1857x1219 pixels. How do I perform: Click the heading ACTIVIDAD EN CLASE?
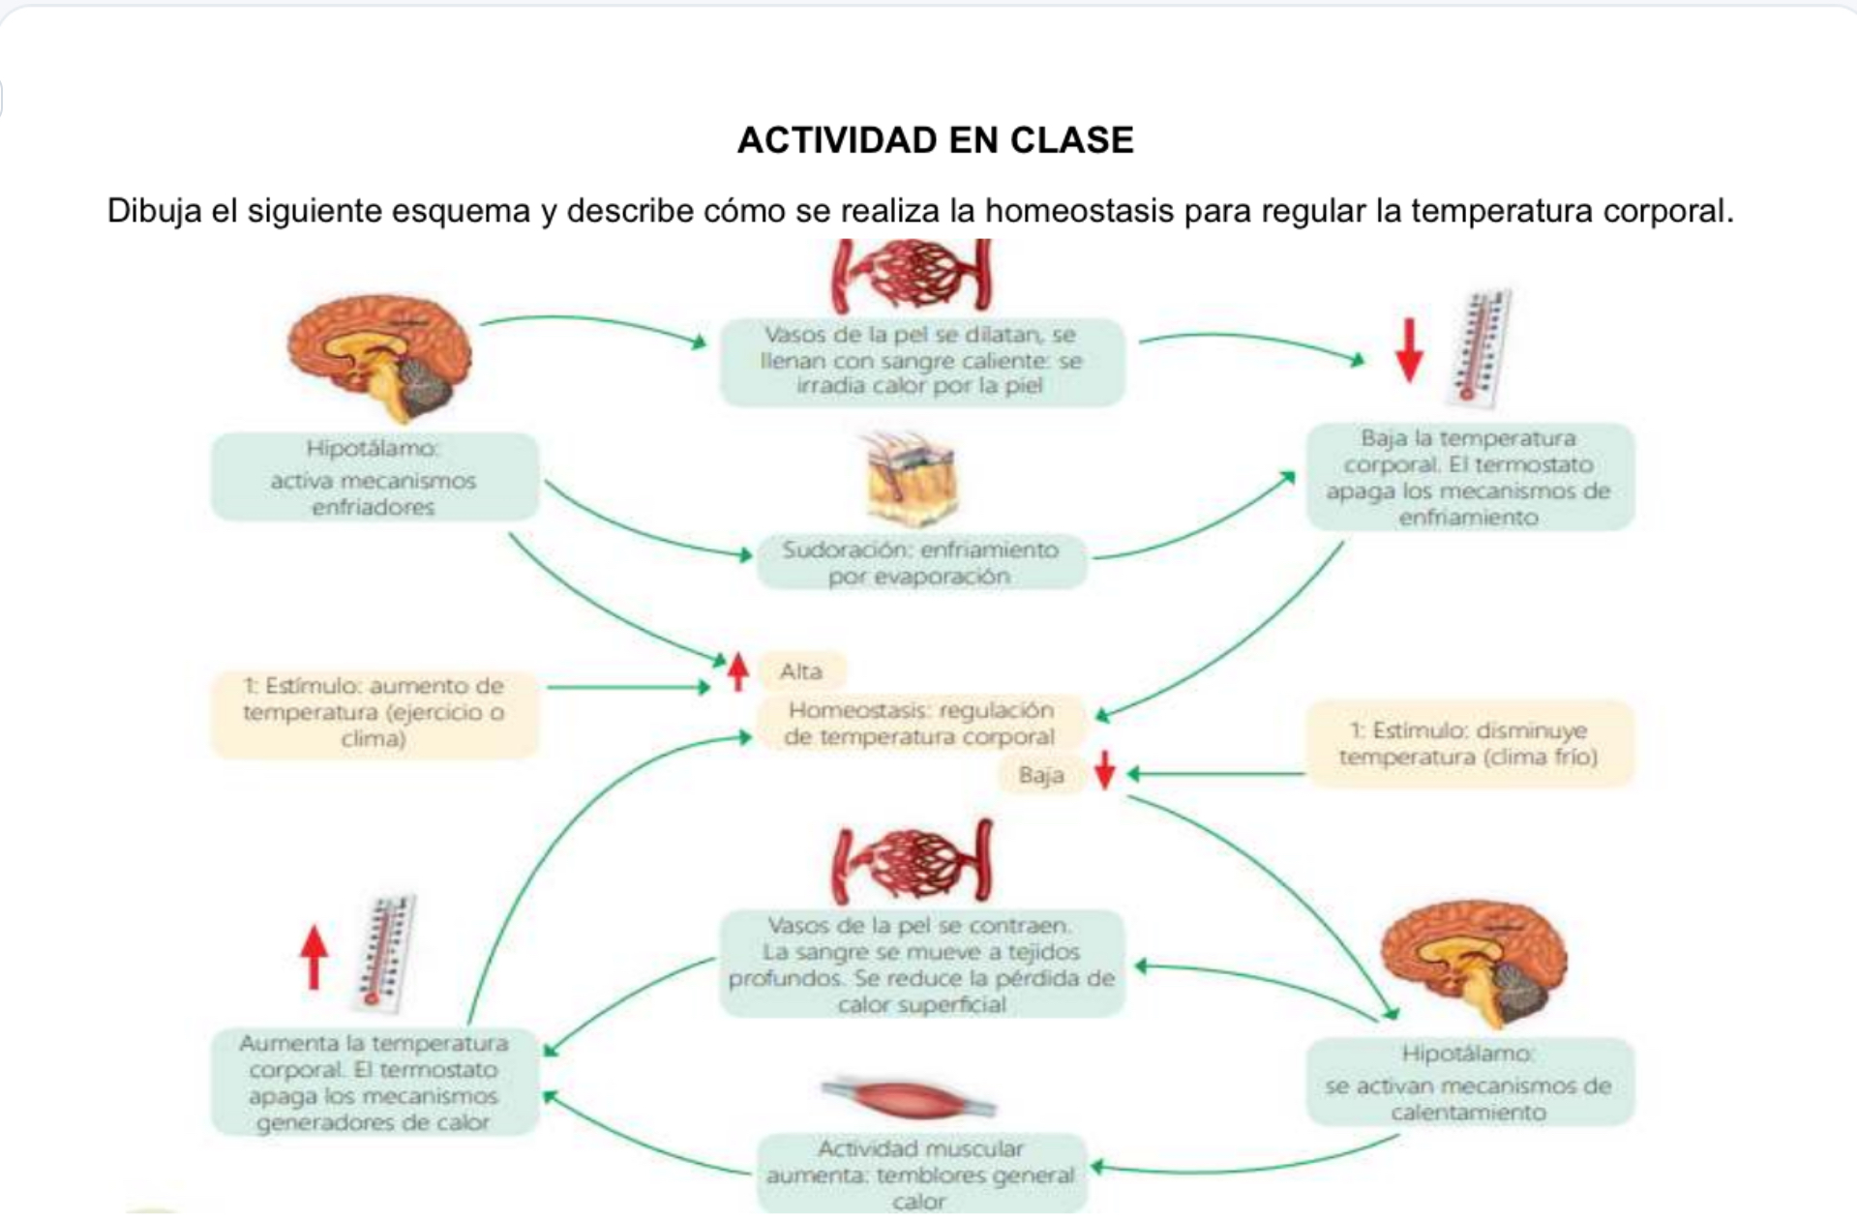(x=935, y=140)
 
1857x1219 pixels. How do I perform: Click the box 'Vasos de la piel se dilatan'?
(x=921, y=361)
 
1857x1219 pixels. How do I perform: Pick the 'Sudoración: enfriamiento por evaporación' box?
(x=920, y=563)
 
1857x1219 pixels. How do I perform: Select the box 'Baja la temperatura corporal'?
(x=1469, y=477)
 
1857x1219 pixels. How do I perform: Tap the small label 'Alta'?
(x=801, y=671)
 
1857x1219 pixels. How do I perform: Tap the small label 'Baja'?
(x=1041, y=775)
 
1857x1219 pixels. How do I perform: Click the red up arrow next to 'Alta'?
(x=738, y=671)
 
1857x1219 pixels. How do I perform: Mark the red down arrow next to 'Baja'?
(x=1105, y=772)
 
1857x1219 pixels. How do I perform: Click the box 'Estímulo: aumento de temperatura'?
(x=374, y=713)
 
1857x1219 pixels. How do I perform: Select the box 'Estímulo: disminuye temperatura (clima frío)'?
(x=1469, y=744)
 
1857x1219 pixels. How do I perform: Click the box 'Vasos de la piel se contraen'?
(x=921, y=965)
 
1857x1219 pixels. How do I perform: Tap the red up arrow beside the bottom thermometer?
(x=314, y=956)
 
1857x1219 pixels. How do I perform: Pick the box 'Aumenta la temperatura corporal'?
(x=374, y=1083)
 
